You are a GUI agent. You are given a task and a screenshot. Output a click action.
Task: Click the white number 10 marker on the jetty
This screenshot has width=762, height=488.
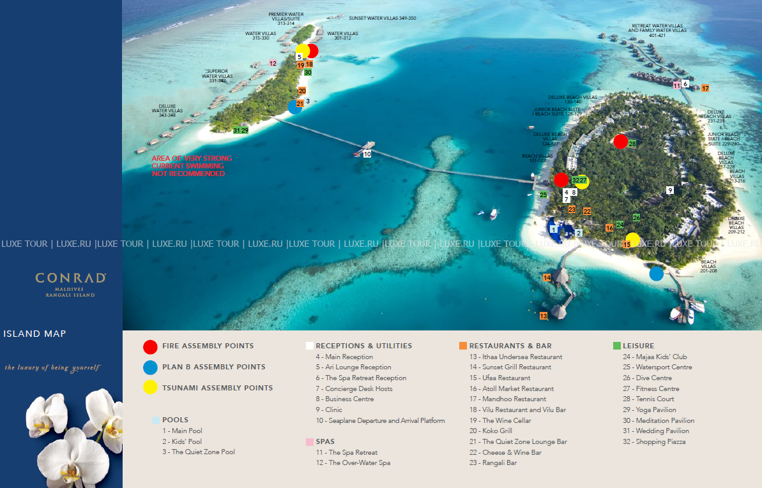click(367, 154)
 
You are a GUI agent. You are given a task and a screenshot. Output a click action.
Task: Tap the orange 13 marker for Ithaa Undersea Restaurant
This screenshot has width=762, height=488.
click(544, 316)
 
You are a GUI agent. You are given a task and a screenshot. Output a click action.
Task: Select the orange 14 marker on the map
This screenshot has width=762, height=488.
click(547, 277)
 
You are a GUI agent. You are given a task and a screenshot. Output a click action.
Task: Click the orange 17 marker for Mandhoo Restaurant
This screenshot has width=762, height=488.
click(705, 88)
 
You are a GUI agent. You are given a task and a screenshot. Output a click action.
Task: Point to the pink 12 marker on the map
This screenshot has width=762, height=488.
click(273, 63)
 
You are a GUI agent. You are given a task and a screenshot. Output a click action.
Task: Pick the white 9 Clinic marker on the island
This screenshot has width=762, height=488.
click(670, 190)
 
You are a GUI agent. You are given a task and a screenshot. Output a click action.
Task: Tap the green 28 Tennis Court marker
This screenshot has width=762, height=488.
click(632, 144)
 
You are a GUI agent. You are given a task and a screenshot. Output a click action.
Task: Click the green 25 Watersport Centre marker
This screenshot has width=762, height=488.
click(544, 195)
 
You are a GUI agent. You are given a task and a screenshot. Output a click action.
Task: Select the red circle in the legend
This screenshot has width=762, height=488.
click(150, 346)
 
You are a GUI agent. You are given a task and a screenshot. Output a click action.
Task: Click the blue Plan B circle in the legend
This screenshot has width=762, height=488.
click(150, 367)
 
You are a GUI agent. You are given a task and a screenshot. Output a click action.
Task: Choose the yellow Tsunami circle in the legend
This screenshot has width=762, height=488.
click(150, 388)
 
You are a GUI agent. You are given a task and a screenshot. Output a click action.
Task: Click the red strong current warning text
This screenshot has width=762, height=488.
click(192, 166)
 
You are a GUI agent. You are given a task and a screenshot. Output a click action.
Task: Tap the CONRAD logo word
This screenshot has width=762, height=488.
click(70, 278)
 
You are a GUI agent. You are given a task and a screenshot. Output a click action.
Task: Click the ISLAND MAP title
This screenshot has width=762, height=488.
click(34, 334)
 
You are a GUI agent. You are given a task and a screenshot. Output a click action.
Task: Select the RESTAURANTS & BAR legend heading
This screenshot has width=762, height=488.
click(510, 346)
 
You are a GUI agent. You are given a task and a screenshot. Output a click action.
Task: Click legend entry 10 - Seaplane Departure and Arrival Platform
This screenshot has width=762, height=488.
click(380, 420)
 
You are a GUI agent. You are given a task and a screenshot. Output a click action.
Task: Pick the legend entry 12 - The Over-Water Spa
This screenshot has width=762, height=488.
click(353, 462)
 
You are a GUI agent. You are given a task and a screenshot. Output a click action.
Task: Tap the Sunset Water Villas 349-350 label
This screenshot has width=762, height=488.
click(382, 18)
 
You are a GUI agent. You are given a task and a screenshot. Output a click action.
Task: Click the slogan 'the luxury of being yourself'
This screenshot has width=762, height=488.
click(52, 367)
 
